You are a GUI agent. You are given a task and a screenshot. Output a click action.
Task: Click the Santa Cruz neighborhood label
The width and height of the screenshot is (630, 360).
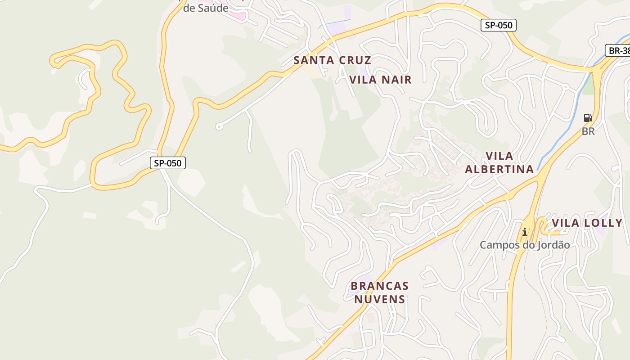[332, 60]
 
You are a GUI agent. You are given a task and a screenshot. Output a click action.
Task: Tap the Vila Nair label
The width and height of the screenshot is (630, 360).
[380, 80]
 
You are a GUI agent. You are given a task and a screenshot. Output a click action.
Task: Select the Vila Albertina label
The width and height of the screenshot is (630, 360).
[499, 162]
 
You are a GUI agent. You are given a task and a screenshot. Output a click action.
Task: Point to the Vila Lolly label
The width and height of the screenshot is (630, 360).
[587, 223]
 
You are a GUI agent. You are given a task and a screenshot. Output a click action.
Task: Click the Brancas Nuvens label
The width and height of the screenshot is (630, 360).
[379, 292]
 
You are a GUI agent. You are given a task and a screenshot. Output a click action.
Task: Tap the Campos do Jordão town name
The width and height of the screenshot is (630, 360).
[524, 245]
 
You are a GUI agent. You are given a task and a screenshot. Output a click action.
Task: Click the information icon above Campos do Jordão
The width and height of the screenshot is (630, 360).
[524, 232]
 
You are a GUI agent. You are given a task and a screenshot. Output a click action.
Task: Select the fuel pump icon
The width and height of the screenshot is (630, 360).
[588, 118]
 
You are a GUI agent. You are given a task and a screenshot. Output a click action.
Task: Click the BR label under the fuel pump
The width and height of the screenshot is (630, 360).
[588, 131]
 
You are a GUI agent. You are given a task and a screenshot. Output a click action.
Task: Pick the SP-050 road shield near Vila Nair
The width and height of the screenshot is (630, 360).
[498, 25]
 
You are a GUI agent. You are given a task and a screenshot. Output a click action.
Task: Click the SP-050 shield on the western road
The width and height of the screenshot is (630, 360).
[167, 163]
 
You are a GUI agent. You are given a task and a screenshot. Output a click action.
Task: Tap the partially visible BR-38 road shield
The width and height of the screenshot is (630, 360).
[618, 50]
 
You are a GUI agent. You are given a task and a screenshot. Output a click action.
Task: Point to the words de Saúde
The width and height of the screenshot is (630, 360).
[206, 8]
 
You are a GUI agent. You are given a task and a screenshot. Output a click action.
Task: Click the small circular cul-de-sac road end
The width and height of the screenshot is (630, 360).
[219, 127]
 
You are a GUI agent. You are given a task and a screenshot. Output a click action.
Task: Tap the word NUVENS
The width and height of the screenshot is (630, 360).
[379, 299]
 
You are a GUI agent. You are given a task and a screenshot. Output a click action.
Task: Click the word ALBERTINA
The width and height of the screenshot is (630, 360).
[499, 169]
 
